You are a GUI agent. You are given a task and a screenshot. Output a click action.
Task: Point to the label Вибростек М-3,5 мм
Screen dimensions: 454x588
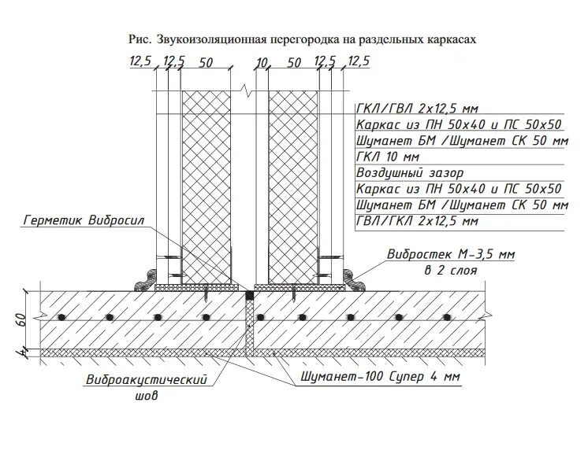pyautogui.click(x=451, y=254)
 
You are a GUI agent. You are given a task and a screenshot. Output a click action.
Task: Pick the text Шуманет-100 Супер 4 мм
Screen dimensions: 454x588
pyautogui.click(x=380, y=377)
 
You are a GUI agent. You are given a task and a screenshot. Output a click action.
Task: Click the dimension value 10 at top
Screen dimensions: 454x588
pyautogui.click(x=263, y=62)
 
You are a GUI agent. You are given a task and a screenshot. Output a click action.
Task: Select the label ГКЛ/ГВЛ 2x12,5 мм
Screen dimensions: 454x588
pyautogui.click(x=418, y=109)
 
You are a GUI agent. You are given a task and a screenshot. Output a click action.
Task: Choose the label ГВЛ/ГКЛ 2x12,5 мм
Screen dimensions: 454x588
pyautogui.click(x=417, y=221)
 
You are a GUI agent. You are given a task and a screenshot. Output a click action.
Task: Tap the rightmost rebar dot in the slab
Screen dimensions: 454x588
pyautogui.click(x=446, y=317)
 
